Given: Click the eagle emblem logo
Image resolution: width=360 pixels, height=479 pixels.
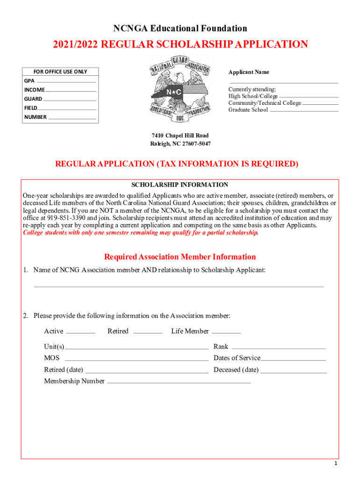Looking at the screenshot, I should click(180, 91).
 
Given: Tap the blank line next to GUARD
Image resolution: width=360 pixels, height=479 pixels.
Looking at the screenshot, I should click(70, 100).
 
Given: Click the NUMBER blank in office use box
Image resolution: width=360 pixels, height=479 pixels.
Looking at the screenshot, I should click(72, 118).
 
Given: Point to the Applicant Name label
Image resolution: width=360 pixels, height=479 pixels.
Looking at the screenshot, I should click(249, 72).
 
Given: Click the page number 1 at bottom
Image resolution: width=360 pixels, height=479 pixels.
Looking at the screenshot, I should click(336, 464).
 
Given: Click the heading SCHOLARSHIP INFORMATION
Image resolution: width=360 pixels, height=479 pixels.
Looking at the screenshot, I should click(180, 185).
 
